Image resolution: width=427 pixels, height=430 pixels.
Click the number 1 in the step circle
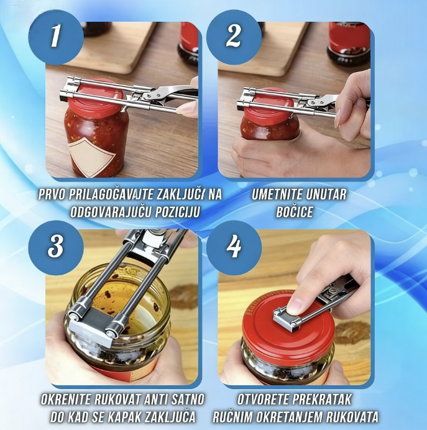56,35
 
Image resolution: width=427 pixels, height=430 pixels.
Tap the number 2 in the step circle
233,36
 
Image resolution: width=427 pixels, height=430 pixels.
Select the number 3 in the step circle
56,245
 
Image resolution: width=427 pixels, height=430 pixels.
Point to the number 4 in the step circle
234,247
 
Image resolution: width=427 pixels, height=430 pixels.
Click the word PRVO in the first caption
52,194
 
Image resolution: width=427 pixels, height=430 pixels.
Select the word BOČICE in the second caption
295,211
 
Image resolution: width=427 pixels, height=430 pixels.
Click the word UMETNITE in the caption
277,194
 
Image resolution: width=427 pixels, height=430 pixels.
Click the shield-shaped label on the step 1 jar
92,157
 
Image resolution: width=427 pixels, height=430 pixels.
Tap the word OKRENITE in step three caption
66,400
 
